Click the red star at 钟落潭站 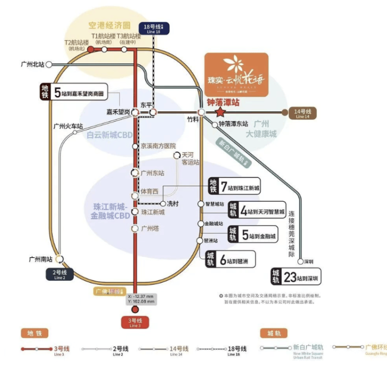click(x=220, y=112)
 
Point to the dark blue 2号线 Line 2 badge click(x=60, y=274)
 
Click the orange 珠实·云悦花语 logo click(x=236, y=74)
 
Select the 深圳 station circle click(x=301, y=261)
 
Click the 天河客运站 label click(x=190, y=159)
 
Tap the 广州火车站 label click(x=68, y=126)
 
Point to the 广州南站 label click(x=40, y=259)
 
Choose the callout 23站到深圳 click(x=296, y=276)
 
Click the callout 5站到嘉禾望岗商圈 click(x=74, y=92)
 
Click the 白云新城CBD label click(x=110, y=135)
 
